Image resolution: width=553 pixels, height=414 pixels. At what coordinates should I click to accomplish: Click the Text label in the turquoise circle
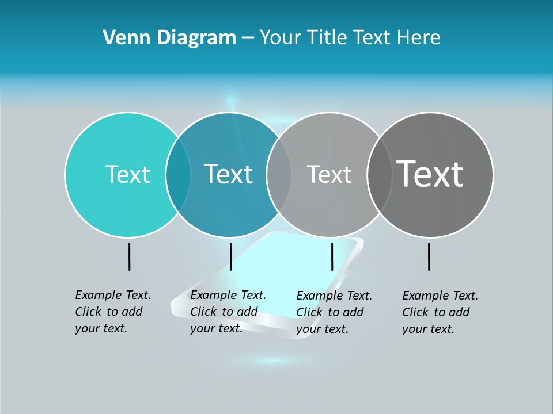(127, 174)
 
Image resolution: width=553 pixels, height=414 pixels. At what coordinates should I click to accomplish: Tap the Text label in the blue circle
(228, 174)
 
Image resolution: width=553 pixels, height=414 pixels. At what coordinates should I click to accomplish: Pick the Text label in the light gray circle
(329, 174)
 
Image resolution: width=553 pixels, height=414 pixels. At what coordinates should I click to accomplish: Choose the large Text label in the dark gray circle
(430, 174)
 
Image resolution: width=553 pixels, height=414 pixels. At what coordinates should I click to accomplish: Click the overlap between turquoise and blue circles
(178, 174)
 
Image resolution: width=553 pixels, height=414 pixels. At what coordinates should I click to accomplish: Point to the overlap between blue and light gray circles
(279, 174)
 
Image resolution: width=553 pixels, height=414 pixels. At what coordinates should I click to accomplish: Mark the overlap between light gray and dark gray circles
(379, 174)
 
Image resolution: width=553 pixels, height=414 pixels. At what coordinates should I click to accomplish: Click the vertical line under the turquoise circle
(129, 256)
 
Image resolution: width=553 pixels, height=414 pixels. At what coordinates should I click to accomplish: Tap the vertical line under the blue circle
(230, 256)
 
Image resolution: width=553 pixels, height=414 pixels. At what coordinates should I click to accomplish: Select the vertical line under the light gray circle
(332, 256)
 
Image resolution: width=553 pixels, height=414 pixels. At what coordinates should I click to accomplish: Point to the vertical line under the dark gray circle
(429, 256)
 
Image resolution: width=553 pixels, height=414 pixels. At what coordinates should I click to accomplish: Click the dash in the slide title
(248, 38)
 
